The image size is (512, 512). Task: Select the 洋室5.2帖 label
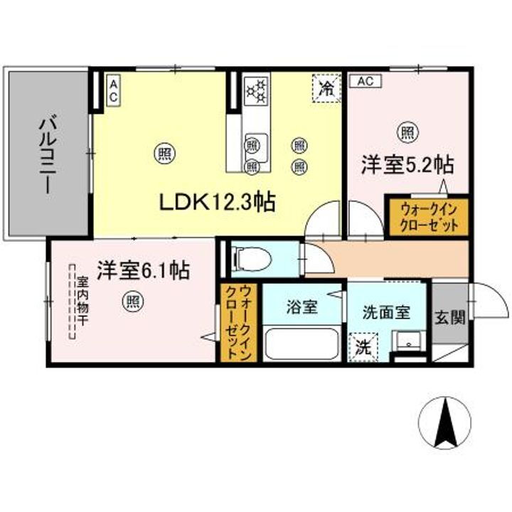(x=407, y=164)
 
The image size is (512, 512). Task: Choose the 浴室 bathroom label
(x=302, y=308)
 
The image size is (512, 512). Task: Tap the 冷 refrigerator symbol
(x=326, y=89)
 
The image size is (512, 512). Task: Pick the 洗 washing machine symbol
(x=363, y=348)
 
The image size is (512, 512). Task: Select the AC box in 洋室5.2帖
(x=365, y=80)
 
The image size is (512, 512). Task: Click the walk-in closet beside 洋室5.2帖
(x=427, y=215)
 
